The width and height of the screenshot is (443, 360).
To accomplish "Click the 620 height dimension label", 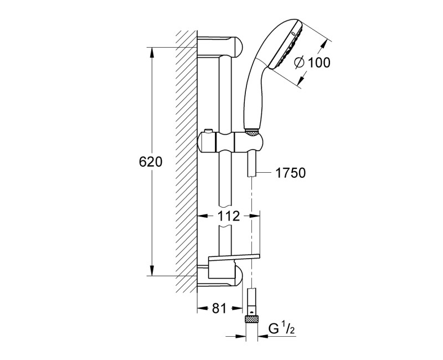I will point(150,162).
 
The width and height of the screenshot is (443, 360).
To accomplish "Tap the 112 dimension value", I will point(229,216).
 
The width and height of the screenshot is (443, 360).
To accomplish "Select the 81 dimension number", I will point(219,308).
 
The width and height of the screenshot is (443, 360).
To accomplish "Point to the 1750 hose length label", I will point(291,173).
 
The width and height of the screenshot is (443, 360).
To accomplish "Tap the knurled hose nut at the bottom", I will point(253,320).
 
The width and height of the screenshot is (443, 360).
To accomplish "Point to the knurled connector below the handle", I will point(252,132).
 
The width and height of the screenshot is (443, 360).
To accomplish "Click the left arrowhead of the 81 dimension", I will point(200,308).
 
